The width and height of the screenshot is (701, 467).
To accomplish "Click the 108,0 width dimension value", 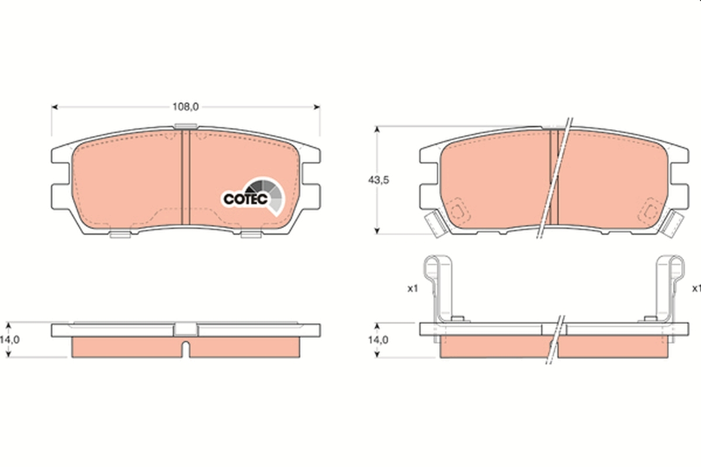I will (186, 107).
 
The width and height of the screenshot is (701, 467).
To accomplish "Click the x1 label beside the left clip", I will (413, 288).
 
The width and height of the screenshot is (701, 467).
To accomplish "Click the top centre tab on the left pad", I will (186, 126).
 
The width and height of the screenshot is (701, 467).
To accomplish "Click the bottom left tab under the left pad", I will (120, 235).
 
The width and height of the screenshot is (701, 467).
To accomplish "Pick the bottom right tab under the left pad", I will (251, 235).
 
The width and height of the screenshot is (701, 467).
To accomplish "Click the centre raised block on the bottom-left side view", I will (186, 329).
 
